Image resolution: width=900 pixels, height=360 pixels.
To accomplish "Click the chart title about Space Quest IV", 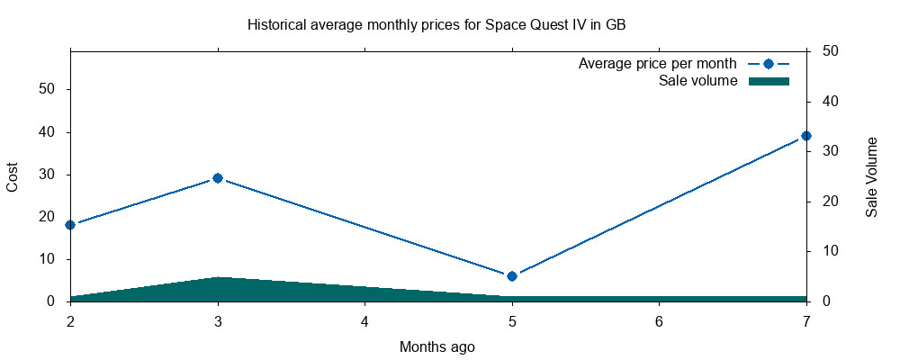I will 436,25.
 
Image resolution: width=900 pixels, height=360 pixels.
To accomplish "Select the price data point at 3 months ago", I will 217,178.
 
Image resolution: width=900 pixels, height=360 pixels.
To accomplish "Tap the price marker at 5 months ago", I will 512,276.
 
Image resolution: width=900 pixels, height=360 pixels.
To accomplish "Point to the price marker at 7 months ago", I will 806,136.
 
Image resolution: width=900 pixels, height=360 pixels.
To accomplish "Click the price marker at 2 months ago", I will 70,225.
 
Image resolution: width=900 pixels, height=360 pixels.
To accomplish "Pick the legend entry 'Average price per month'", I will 658,64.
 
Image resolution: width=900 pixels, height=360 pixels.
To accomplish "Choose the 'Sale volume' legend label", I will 698,81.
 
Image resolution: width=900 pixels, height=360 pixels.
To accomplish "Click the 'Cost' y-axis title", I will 13,176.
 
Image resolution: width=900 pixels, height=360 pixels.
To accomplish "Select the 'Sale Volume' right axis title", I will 871,176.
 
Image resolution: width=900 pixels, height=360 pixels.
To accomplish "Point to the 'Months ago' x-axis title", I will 436,346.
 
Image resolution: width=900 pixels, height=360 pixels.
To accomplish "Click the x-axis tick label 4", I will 364,321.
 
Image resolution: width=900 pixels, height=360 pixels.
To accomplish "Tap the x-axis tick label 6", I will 659,321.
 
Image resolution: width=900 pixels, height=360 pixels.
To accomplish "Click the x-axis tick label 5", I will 512,321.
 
